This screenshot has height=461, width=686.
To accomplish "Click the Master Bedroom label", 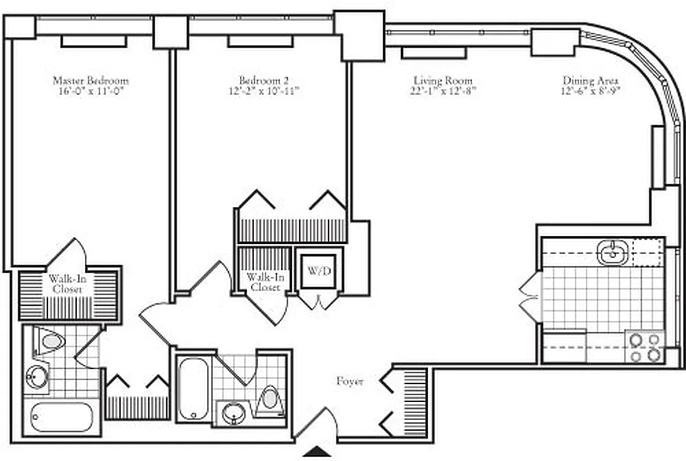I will point(91,80).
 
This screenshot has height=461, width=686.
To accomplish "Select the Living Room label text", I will point(443,81).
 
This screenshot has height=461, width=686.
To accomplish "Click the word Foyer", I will point(350,381).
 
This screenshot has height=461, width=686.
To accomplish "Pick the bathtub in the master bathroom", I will point(62,417).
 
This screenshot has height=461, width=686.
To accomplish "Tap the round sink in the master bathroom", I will point(36,378).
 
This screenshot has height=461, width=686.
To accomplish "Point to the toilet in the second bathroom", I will point(269,399).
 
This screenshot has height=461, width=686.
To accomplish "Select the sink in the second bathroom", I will point(233,413).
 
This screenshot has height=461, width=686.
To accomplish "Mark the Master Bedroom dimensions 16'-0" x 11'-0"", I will point(91,91).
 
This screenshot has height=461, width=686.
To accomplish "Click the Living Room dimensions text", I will point(443,91).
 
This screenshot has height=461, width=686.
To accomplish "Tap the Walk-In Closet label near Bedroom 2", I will point(263,282).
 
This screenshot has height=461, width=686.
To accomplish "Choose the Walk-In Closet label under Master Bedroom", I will point(65,284).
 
